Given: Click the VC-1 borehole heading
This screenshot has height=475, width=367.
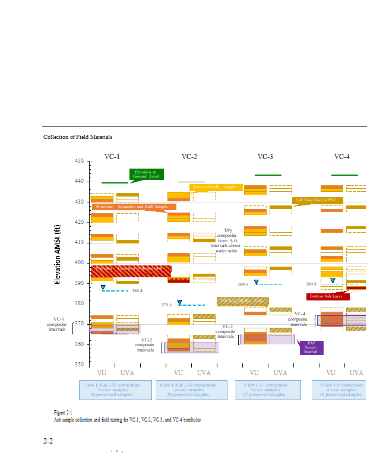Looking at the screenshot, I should coord(112,157).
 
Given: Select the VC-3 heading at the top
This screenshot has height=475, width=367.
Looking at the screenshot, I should coord(265,157).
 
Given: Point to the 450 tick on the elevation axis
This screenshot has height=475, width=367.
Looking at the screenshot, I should coord(79,161).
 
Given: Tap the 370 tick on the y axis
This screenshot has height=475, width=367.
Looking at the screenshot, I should coord(79,324).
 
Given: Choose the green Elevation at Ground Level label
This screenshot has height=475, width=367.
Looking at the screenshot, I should coord(147,174).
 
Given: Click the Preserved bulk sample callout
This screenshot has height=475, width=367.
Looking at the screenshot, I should coord(214,187).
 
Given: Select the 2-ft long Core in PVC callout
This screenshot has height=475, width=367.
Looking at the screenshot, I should coord(315,200).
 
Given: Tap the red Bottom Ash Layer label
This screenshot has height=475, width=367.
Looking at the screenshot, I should coord(328,296).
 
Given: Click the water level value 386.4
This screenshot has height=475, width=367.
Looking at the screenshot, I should coord(137,290).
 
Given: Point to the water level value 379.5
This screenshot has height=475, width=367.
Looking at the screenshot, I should coord(166,305).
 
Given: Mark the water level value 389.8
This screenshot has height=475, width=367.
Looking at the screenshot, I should coord(311,284).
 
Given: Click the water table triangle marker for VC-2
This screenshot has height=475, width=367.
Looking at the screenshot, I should coord(179,302).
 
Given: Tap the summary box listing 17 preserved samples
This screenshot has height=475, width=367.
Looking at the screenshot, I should coord(265,389).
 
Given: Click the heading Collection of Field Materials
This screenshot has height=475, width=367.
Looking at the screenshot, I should coord(78,137).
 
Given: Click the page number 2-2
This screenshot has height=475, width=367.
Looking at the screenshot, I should coord(48,441).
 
